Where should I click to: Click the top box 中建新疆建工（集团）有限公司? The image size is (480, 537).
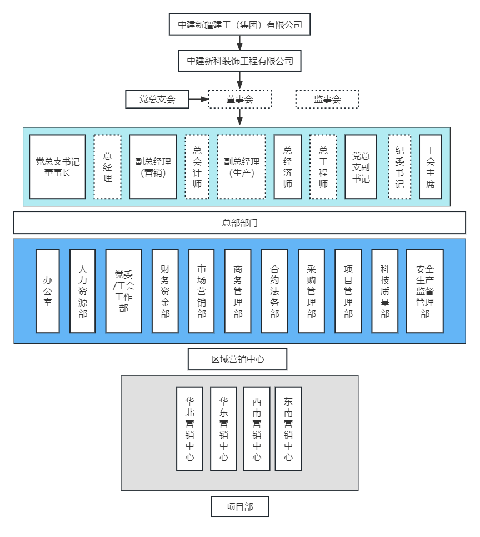coord(239,24)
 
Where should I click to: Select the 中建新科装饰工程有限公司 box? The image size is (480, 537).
coord(239,61)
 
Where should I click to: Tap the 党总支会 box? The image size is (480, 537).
coord(157,100)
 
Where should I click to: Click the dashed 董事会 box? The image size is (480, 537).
coord(239,100)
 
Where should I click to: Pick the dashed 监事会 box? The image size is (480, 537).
coord(327,100)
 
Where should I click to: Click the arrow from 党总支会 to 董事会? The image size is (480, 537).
coord(198,100)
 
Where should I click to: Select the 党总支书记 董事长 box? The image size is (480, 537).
coord(57,167)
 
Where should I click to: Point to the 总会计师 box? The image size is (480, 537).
coord(197,167)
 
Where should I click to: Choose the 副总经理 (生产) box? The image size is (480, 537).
coord(241,167)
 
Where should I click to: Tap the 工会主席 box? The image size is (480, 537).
coord(430,167)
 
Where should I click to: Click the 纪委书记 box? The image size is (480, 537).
coord(399,167)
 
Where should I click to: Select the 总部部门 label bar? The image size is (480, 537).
coord(239,223)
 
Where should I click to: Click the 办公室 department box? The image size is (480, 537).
coord(48,291)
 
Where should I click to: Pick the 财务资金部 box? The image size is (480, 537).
coord(165,291)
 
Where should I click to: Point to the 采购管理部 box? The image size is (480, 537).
coord(311,291)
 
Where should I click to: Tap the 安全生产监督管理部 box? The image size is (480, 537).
coord(424,291)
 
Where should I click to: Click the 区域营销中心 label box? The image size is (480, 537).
coord(237,359)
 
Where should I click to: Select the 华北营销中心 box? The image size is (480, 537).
coord(189,428)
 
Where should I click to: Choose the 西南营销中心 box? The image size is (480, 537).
coord(256,428)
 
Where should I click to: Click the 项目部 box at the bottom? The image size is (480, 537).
coord(239,507)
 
